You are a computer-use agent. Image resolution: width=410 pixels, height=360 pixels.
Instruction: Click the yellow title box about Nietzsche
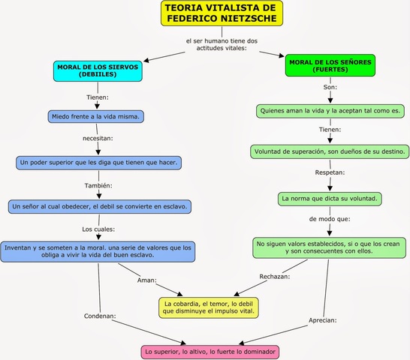click(x=222, y=13)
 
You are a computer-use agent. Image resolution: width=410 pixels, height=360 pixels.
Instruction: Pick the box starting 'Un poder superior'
click(x=99, y=161)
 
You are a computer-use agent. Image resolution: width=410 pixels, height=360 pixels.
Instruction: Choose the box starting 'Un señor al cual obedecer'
click(x=101, y=205)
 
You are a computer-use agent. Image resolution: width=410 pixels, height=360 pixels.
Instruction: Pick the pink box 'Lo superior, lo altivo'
click(x=210, y=351)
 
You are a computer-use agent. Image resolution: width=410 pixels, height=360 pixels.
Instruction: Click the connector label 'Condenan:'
click(x=99, y=316)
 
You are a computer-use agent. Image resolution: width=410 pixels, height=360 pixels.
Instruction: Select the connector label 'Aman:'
click(x=146, y=280)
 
